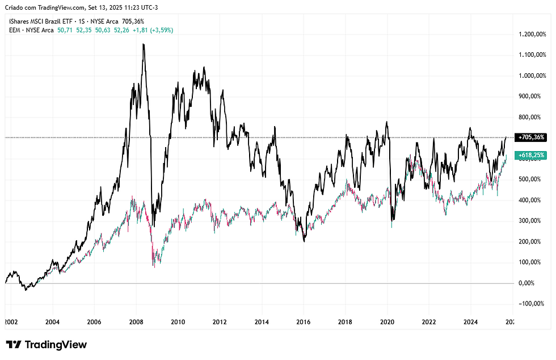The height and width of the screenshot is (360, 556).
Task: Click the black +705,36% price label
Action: click(x=531, y=137)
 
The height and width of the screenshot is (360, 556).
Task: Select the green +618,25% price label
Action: click(x=531, y=155)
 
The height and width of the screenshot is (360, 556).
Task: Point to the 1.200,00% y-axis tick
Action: click(x=535, y=35)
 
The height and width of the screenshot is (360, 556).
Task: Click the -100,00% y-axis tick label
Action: click(x=533, y=304)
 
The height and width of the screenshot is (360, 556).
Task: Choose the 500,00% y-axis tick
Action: click(x=532, y=179)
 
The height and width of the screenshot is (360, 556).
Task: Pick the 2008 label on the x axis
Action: click(x=136, y=322)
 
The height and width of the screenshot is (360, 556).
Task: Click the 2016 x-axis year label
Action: click(x=304, y=322)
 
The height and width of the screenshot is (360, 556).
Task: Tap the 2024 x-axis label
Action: click(x=471, y=322)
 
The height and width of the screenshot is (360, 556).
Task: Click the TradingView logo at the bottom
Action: click(x=47, y=345)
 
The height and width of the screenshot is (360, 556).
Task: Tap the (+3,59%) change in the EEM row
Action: click(x=161, y=30)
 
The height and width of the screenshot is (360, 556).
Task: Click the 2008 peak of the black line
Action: click(x=143, y=44)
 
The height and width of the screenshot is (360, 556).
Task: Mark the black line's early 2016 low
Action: click(x=304, y=241)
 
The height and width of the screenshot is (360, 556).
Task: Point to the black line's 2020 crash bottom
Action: click(x=393, y=221)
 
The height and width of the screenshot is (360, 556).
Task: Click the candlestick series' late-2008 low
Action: click(x=154, y=267)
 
